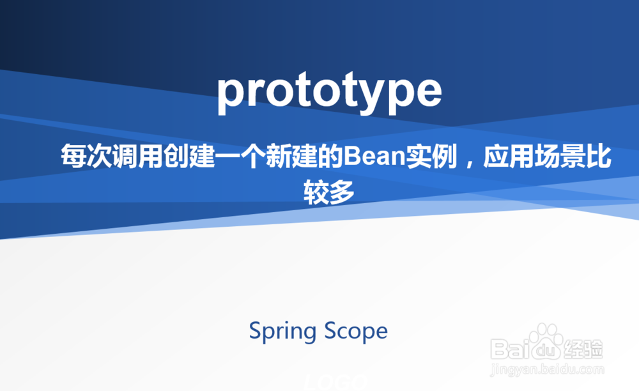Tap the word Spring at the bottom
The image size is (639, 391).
282,332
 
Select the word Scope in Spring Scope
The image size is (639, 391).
356,332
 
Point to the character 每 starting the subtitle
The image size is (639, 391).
73,156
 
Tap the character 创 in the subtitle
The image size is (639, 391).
176,156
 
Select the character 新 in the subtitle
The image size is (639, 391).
279,156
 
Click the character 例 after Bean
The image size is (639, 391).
444,156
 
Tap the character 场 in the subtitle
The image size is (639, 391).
548,156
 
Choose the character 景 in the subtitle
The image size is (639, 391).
573,156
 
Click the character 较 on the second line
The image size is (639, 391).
316,192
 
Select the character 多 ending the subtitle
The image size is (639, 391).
342,192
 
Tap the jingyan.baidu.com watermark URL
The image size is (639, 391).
548,370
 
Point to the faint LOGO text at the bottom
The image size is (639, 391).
336,383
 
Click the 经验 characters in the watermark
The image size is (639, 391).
583,349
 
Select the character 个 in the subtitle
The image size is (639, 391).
252,156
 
